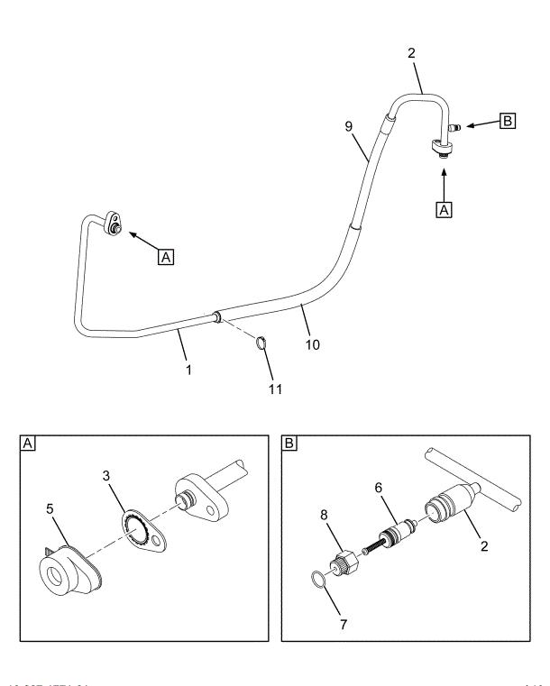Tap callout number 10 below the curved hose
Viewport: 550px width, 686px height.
coord(311,343)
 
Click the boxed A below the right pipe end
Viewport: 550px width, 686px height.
coord(443,208)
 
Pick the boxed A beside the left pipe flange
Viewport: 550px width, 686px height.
coord(164,257)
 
